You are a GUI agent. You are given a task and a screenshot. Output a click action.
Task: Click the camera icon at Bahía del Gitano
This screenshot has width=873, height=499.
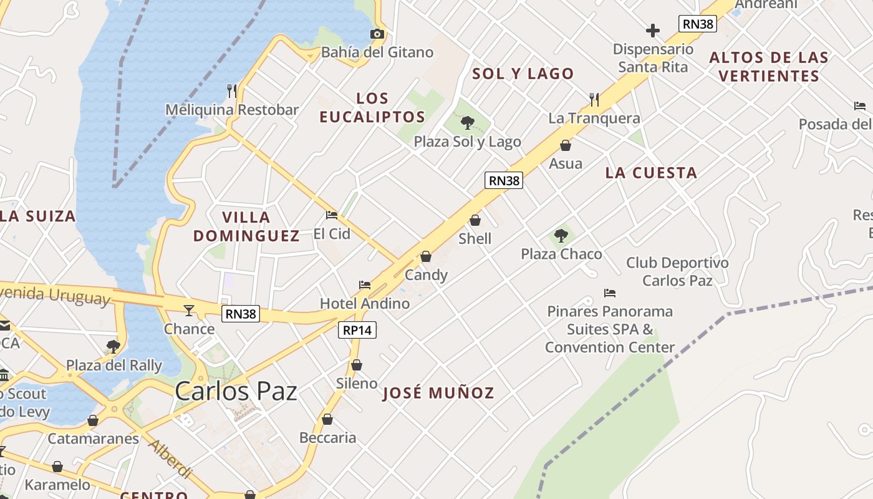(377, 34)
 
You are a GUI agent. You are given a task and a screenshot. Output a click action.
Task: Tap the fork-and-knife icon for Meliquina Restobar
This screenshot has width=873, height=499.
(232, 91)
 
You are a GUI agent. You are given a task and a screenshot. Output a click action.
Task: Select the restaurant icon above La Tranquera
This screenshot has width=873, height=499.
(594, 99)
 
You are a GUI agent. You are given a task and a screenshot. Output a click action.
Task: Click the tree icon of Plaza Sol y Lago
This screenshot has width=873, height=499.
(467, 122)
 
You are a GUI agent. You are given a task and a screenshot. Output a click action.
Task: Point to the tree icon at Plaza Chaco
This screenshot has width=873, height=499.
(561, 235)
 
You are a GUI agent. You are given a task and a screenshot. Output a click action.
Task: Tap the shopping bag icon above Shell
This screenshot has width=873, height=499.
(475, 220)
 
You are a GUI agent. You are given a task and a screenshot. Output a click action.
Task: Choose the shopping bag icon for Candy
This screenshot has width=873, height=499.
(426, 256)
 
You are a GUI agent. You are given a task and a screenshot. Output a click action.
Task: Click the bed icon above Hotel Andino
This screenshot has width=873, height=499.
(365, 285)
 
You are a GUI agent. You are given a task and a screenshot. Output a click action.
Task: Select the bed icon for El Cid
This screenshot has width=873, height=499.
(332, 215)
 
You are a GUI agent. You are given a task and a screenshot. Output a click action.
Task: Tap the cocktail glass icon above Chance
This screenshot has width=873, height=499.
(189, 310)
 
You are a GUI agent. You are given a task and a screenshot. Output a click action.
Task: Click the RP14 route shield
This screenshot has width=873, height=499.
(358, 330)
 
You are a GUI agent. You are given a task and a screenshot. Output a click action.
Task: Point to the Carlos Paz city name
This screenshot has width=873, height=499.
(236, 391)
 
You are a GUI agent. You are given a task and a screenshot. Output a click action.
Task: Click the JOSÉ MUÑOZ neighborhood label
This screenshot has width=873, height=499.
(438, 393)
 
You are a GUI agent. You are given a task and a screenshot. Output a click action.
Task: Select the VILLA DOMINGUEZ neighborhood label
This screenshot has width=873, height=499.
(246, 226)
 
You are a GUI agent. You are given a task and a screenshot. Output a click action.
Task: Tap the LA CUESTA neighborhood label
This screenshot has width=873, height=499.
(651, 173)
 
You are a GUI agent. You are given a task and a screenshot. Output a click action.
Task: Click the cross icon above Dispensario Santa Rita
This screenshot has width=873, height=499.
(653, 30)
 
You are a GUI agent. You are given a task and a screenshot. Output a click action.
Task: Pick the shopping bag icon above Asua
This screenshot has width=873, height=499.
(566, 145)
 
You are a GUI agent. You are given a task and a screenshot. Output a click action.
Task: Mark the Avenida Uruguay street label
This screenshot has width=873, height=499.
(56, 294)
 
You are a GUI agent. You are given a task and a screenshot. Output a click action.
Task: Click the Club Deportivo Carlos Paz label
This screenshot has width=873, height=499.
(677, 271)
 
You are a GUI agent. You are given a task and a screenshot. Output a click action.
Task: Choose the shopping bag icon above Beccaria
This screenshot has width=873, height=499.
(327, 419)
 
